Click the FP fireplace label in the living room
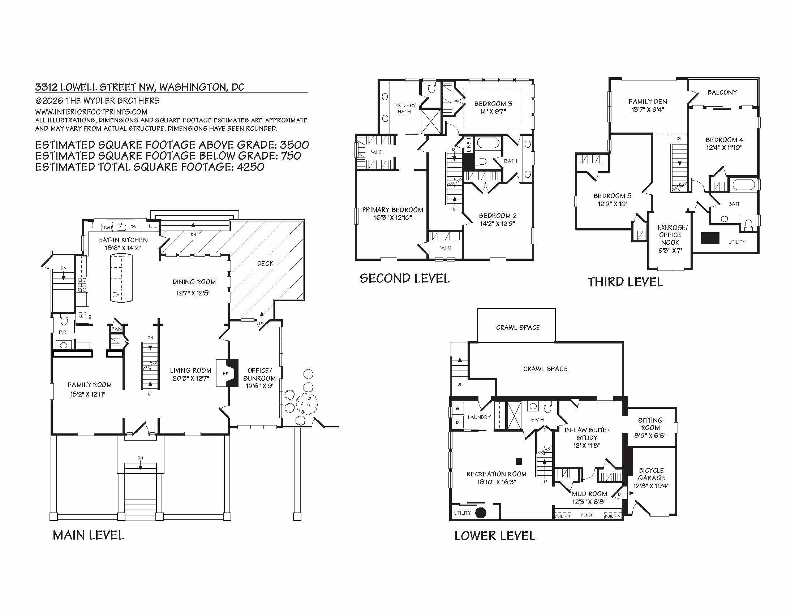coord(226,373)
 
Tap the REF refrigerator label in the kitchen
coord(82,316)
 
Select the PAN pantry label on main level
coord(117,329)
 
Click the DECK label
coord(265,263)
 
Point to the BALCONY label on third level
coord(722,92)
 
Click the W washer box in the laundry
coord(457,408)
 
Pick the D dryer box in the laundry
coord(457,422)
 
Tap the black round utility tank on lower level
coord(481,513)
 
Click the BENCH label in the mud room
coord(587,515)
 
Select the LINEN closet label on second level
coord(469,145)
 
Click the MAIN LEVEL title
coord(89,535)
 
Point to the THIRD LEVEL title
coord(625,282)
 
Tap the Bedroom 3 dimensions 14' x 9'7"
coord(493,112)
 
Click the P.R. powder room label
coord(63,332)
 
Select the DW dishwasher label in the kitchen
coord(133,227)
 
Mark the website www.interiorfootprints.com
coord(91,112)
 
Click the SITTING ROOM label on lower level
coord(650,424)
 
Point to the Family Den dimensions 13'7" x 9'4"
coord(648,109)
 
